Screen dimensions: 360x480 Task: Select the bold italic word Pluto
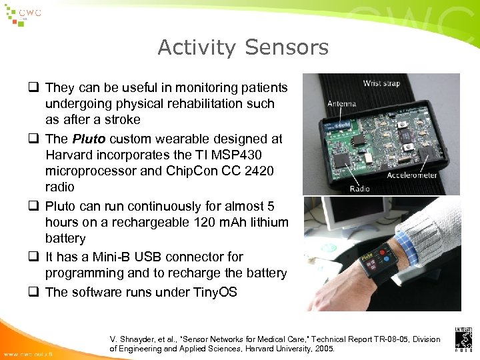[88, 139]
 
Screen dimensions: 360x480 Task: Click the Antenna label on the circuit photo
[342, 103]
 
